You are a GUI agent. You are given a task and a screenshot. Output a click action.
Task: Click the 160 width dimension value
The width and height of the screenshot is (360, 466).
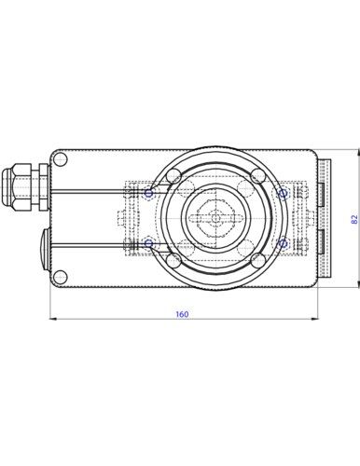[x=182, y=314]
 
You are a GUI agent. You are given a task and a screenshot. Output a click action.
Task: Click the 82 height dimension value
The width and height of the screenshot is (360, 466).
[x=354, y=219]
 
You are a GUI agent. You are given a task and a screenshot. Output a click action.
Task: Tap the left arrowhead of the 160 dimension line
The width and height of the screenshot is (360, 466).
[x=53, y=319]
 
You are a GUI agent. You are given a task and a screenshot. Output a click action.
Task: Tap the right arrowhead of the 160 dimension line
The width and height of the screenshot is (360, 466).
[x=313, y=319]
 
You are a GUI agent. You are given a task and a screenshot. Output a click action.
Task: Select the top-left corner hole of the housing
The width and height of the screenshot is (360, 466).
[x=61, y=159]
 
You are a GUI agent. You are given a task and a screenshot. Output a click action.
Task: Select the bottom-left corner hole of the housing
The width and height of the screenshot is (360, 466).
[x=61, y=277]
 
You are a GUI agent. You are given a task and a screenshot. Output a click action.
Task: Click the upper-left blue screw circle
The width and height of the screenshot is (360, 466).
[x=149, y=194]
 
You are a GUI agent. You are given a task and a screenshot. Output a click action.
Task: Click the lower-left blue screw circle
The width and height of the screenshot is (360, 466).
[x=149, y=243]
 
